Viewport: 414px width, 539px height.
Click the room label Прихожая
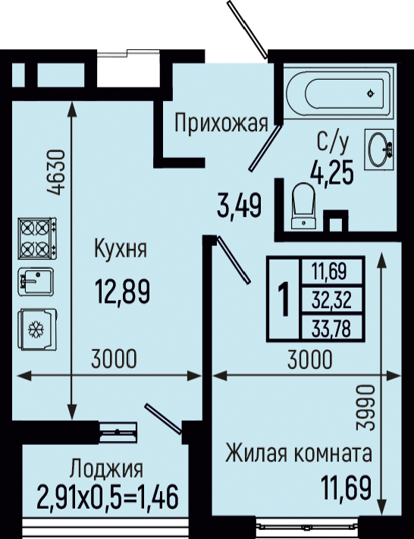[221, 123]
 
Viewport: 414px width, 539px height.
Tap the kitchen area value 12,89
[123, 292]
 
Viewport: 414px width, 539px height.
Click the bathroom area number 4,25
[332, 172]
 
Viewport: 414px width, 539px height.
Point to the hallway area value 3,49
[240, 206]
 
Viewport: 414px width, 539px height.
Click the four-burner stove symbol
[37, 238]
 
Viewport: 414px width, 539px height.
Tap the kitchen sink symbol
[36, 282]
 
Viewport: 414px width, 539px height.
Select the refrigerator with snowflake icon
[37, 329]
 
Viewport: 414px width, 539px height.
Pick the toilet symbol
[303, 206]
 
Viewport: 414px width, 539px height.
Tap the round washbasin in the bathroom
[379, 150]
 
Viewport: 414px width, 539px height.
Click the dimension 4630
[55, 172]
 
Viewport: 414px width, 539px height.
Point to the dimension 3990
[364, 407]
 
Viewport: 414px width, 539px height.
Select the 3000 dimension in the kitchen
[114, 359]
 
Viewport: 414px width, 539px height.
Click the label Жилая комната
[299, 453]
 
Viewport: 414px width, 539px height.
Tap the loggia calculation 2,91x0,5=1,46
[108, 496]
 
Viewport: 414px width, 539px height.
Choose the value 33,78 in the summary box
[331, 329]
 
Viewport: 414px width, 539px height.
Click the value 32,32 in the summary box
[331, 300]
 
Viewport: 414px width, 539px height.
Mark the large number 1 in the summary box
[284, 298]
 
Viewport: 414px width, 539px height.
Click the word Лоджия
[106, 469]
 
